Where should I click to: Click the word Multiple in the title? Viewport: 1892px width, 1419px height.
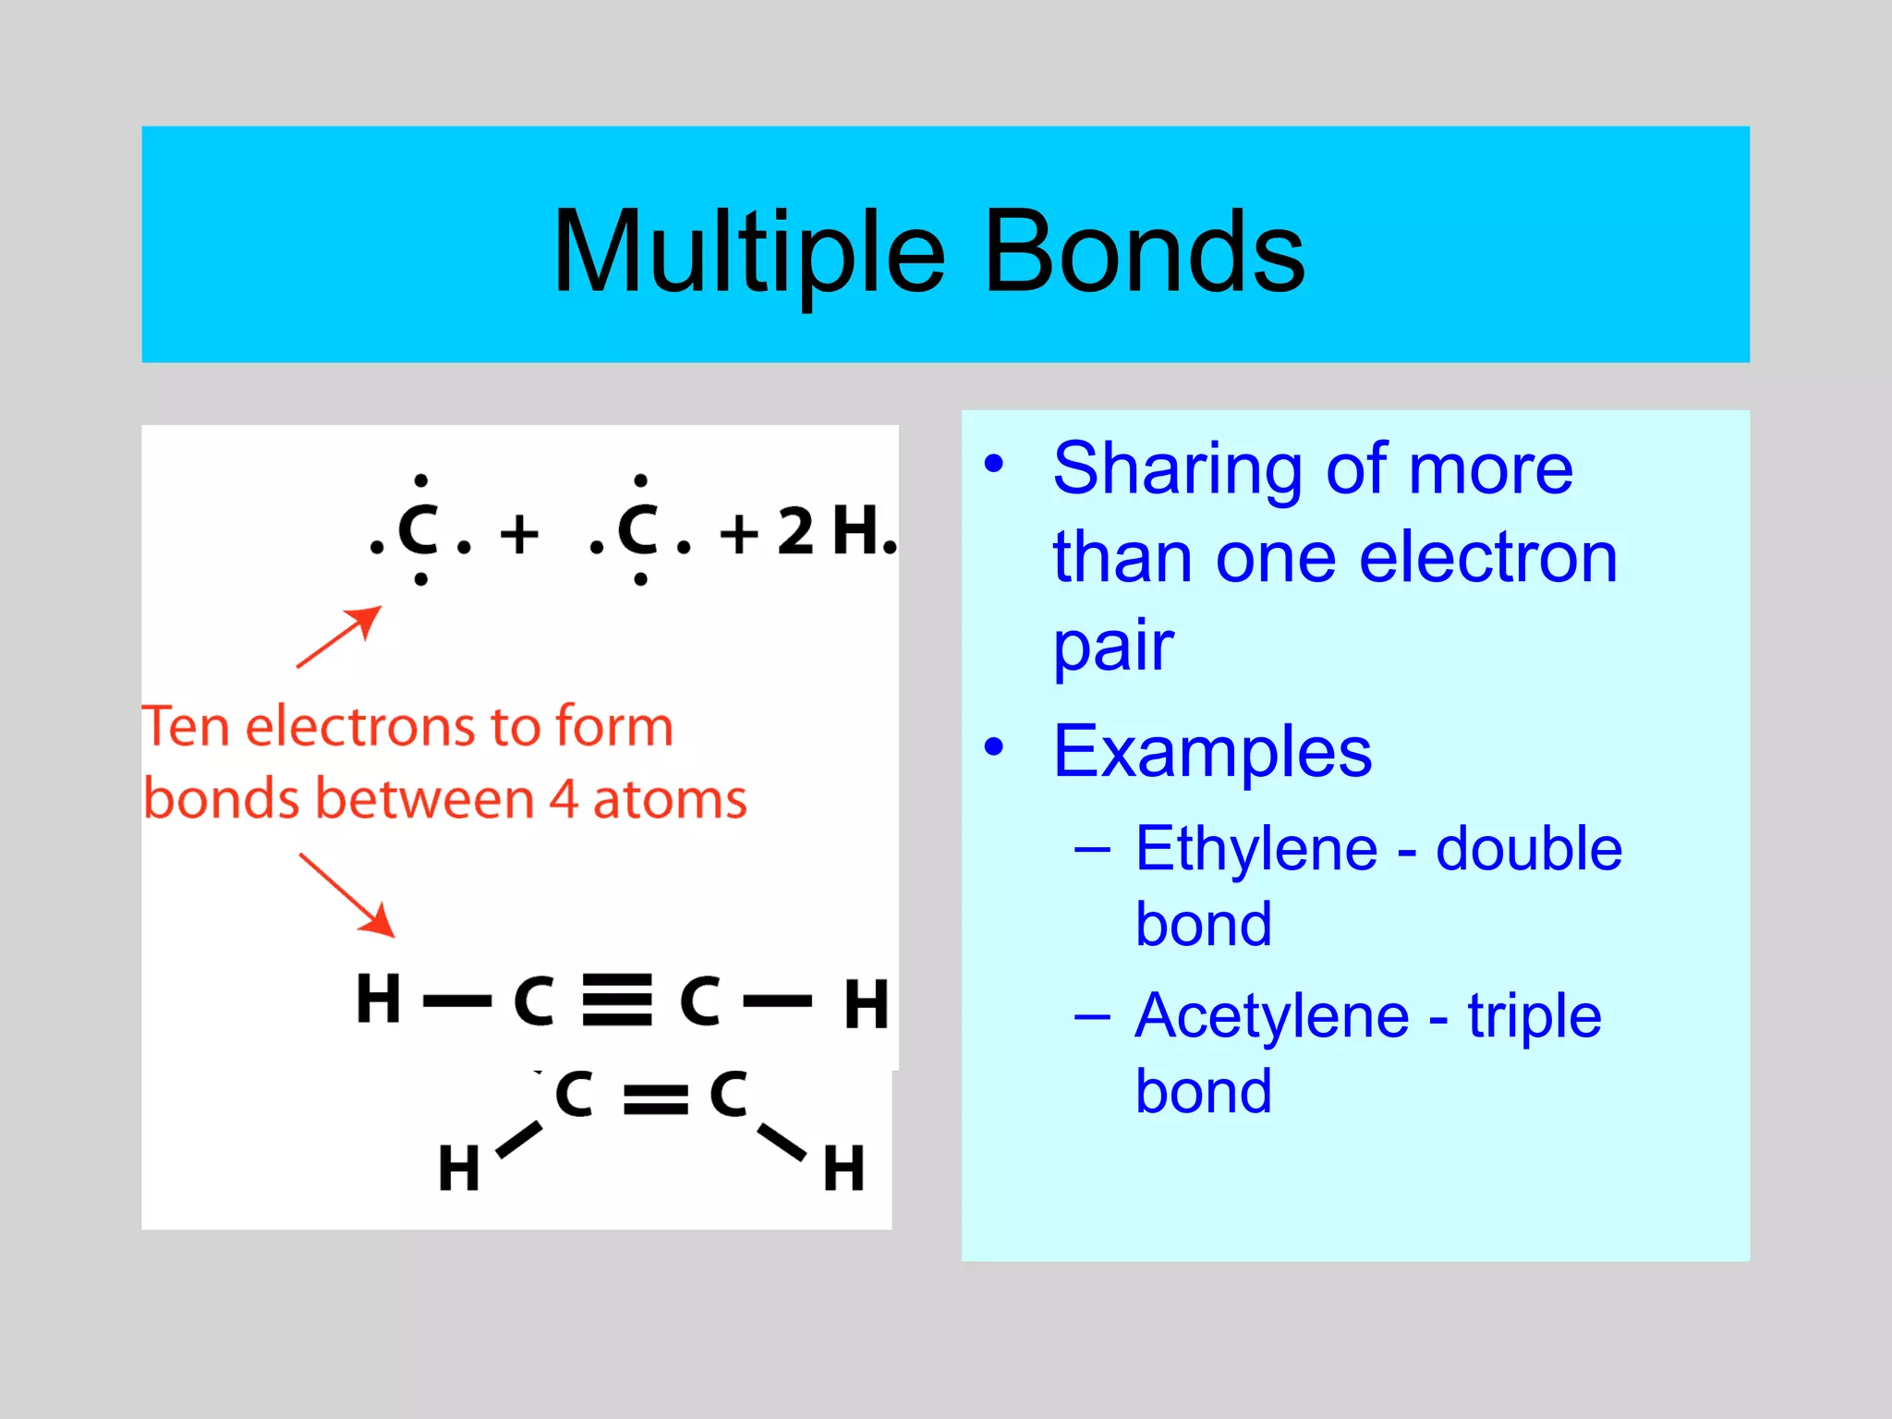click(748, 252)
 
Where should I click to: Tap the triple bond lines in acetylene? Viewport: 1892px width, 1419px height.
click(617, 1001)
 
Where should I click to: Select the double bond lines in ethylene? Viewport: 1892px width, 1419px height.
click(656, 1098)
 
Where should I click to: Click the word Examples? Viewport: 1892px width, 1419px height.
click(1212, 752)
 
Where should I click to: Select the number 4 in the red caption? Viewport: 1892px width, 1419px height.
click(564, 799)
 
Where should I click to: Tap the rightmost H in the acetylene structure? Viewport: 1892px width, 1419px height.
click(866, 1004)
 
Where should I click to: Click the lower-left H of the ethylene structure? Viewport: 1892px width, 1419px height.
click(459, 1168)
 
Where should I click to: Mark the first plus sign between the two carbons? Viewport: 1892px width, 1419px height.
click(519, 534)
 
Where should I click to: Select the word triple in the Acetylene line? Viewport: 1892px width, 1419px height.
click(1534, 1016)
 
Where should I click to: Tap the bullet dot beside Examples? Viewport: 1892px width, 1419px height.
click(993, 746)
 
